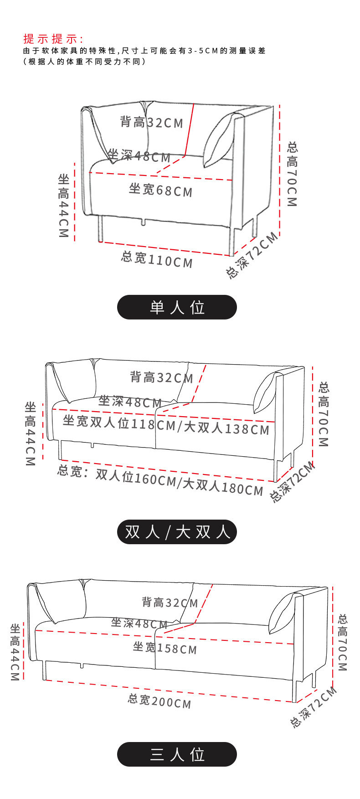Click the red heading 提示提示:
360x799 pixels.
[53, 38]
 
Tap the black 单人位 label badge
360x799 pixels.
[177, 307]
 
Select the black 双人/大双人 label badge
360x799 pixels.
[177, 531]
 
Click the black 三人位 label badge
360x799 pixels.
[177, 754]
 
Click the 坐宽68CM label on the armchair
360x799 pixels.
[160, 190]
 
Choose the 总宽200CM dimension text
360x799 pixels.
[159, 701]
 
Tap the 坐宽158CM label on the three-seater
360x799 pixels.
[165, 647]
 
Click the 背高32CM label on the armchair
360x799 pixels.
[151, 122]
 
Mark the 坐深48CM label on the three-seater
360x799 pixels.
[139, 623]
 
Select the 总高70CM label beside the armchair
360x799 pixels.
[292, 174]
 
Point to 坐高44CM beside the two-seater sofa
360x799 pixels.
[30, 433]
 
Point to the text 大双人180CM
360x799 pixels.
[223, 486]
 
